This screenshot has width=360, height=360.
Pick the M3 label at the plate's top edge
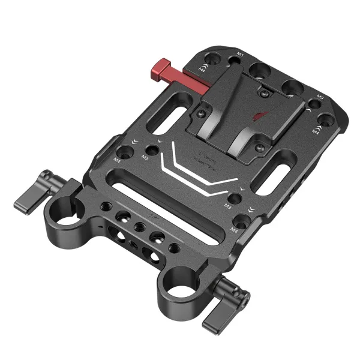(241, 56)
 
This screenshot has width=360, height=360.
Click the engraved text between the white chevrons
(204, 161)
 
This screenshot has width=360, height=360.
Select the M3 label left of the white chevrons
(145, 157)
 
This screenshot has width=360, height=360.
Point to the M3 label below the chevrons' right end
(227, 206)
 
